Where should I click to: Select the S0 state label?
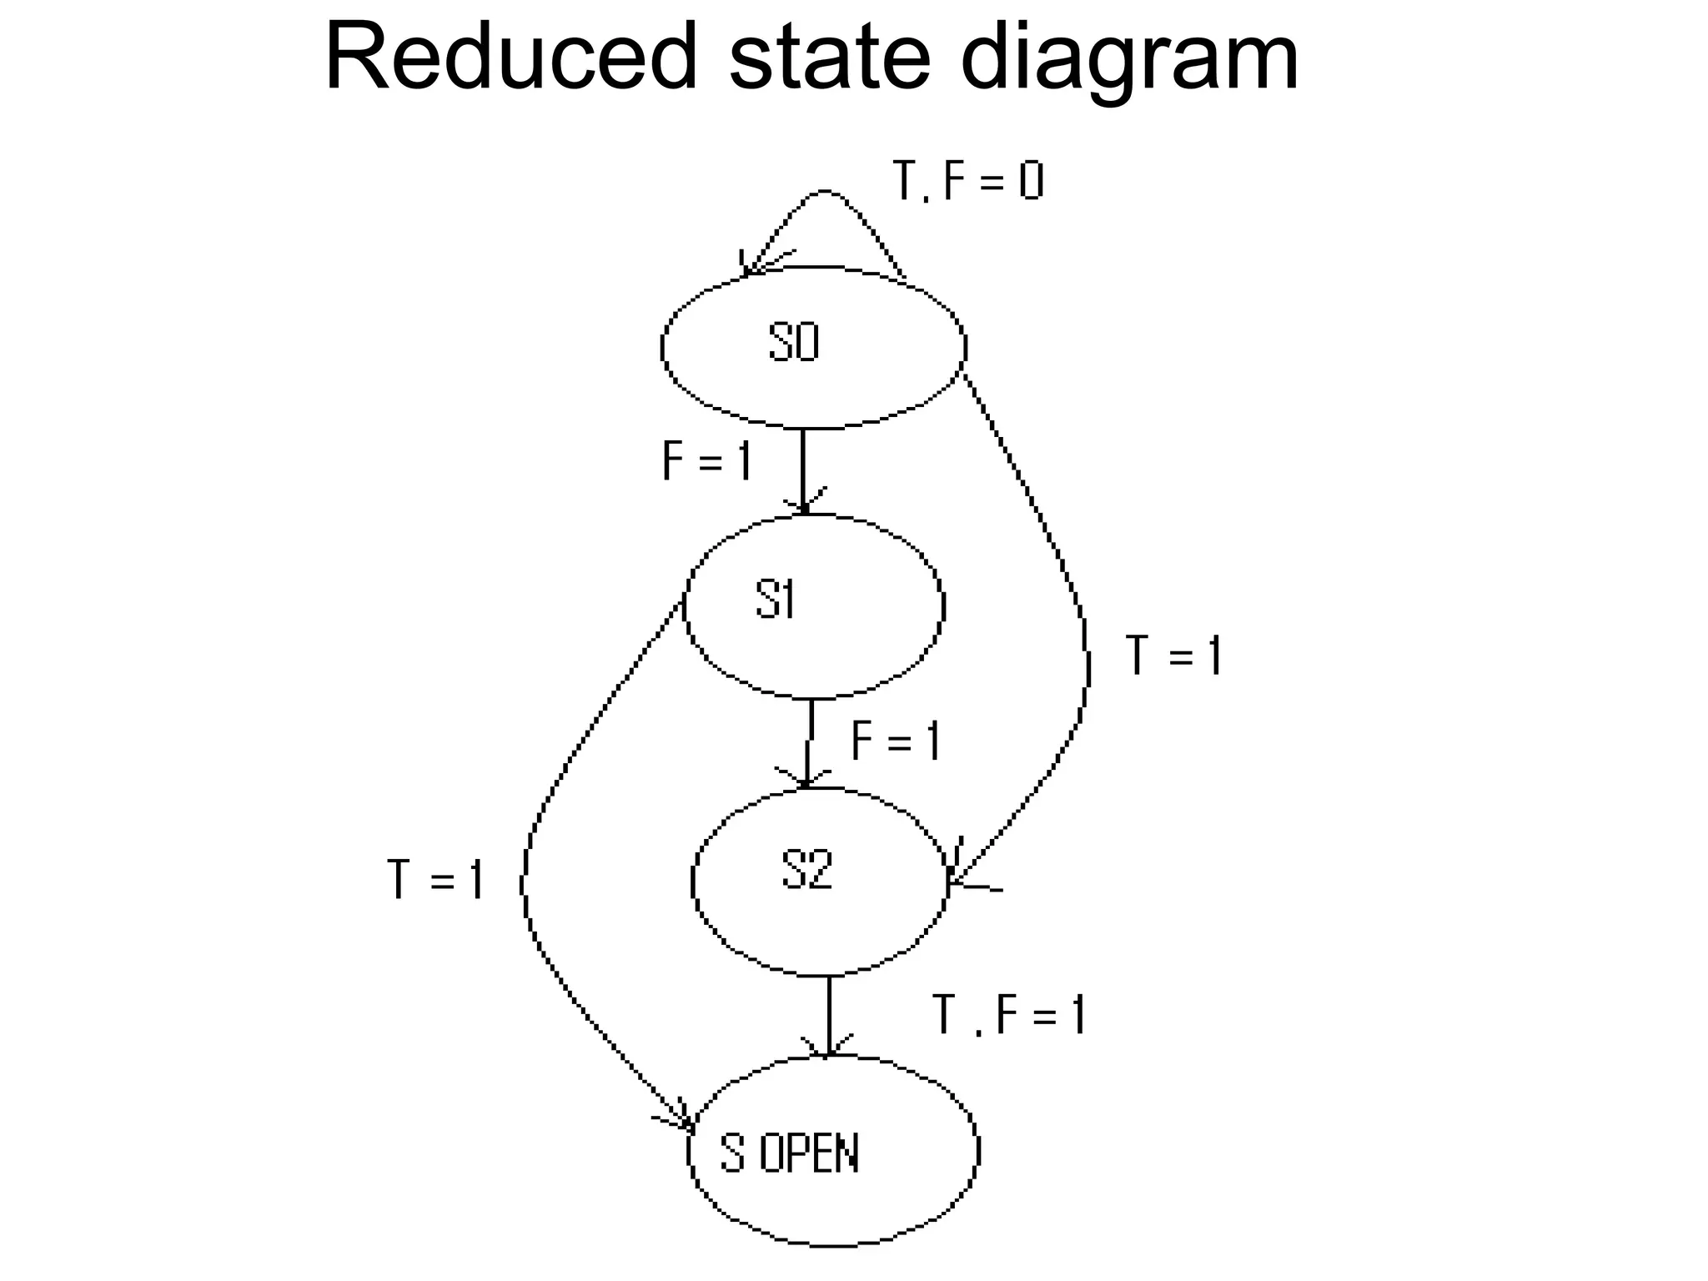(x=793, y=343)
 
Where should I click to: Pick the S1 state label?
(x=776, y=600)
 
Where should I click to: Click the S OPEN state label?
(x=789, y=1155)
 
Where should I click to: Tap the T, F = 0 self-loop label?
(x=967, y=181)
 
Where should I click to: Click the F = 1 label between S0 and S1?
(x=707, y=460)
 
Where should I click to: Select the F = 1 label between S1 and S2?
(x=896, y=741)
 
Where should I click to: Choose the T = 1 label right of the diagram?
(x=1173, y=655)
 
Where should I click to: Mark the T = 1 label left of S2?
(x=435, y=880)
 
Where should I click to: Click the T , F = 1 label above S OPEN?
(x=1009, y=1015)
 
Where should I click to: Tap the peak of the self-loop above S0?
(x=825, y=191)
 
